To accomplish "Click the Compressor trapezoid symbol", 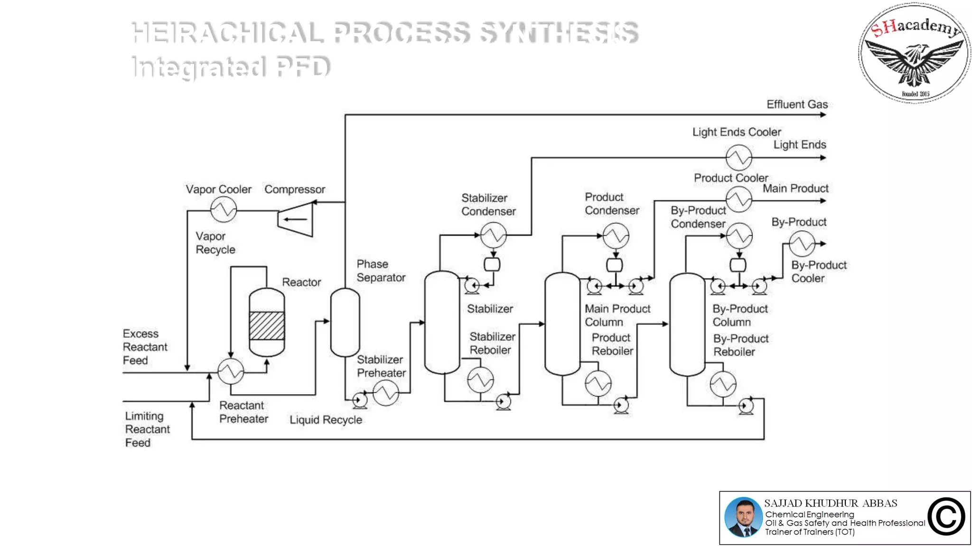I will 295,219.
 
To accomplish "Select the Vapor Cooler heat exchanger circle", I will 224,209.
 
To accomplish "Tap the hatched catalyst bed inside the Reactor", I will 267,326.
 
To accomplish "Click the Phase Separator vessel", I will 345,322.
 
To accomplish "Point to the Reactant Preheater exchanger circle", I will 231,371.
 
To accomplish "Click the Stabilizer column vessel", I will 442,322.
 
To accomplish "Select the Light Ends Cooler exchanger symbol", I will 739,157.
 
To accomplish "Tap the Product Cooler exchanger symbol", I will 739,199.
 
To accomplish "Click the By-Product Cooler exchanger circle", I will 802,244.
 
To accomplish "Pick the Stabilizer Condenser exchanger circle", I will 494,235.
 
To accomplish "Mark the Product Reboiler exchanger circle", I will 598,383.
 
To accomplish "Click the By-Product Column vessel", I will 687,325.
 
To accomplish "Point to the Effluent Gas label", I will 797,104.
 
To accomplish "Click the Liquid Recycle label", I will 326,420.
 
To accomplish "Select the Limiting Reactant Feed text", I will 147,429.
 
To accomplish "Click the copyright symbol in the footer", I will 946,517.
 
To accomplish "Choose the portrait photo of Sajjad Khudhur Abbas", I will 743,517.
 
